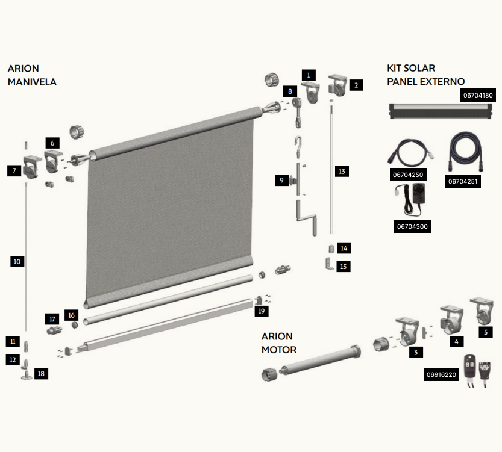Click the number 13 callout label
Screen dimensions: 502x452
(342, 171)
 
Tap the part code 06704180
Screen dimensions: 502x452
(478, 95)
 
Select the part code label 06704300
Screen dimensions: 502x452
(412, 226)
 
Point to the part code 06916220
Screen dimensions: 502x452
(441, 374)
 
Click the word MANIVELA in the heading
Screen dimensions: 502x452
(32, 82)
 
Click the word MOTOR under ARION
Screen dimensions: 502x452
(279, 350)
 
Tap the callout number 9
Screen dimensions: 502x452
(282, 181)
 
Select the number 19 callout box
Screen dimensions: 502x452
(262, 311)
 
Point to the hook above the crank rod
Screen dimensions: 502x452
(298, 146)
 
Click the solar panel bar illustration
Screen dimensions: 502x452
(441, 111)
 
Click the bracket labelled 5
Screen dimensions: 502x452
(482, 311)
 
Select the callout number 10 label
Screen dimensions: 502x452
(17, 261)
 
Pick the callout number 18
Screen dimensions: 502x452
(41, 373)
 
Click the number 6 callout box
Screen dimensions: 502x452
(52, 143)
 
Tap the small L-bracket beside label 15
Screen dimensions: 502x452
(329, 264)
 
